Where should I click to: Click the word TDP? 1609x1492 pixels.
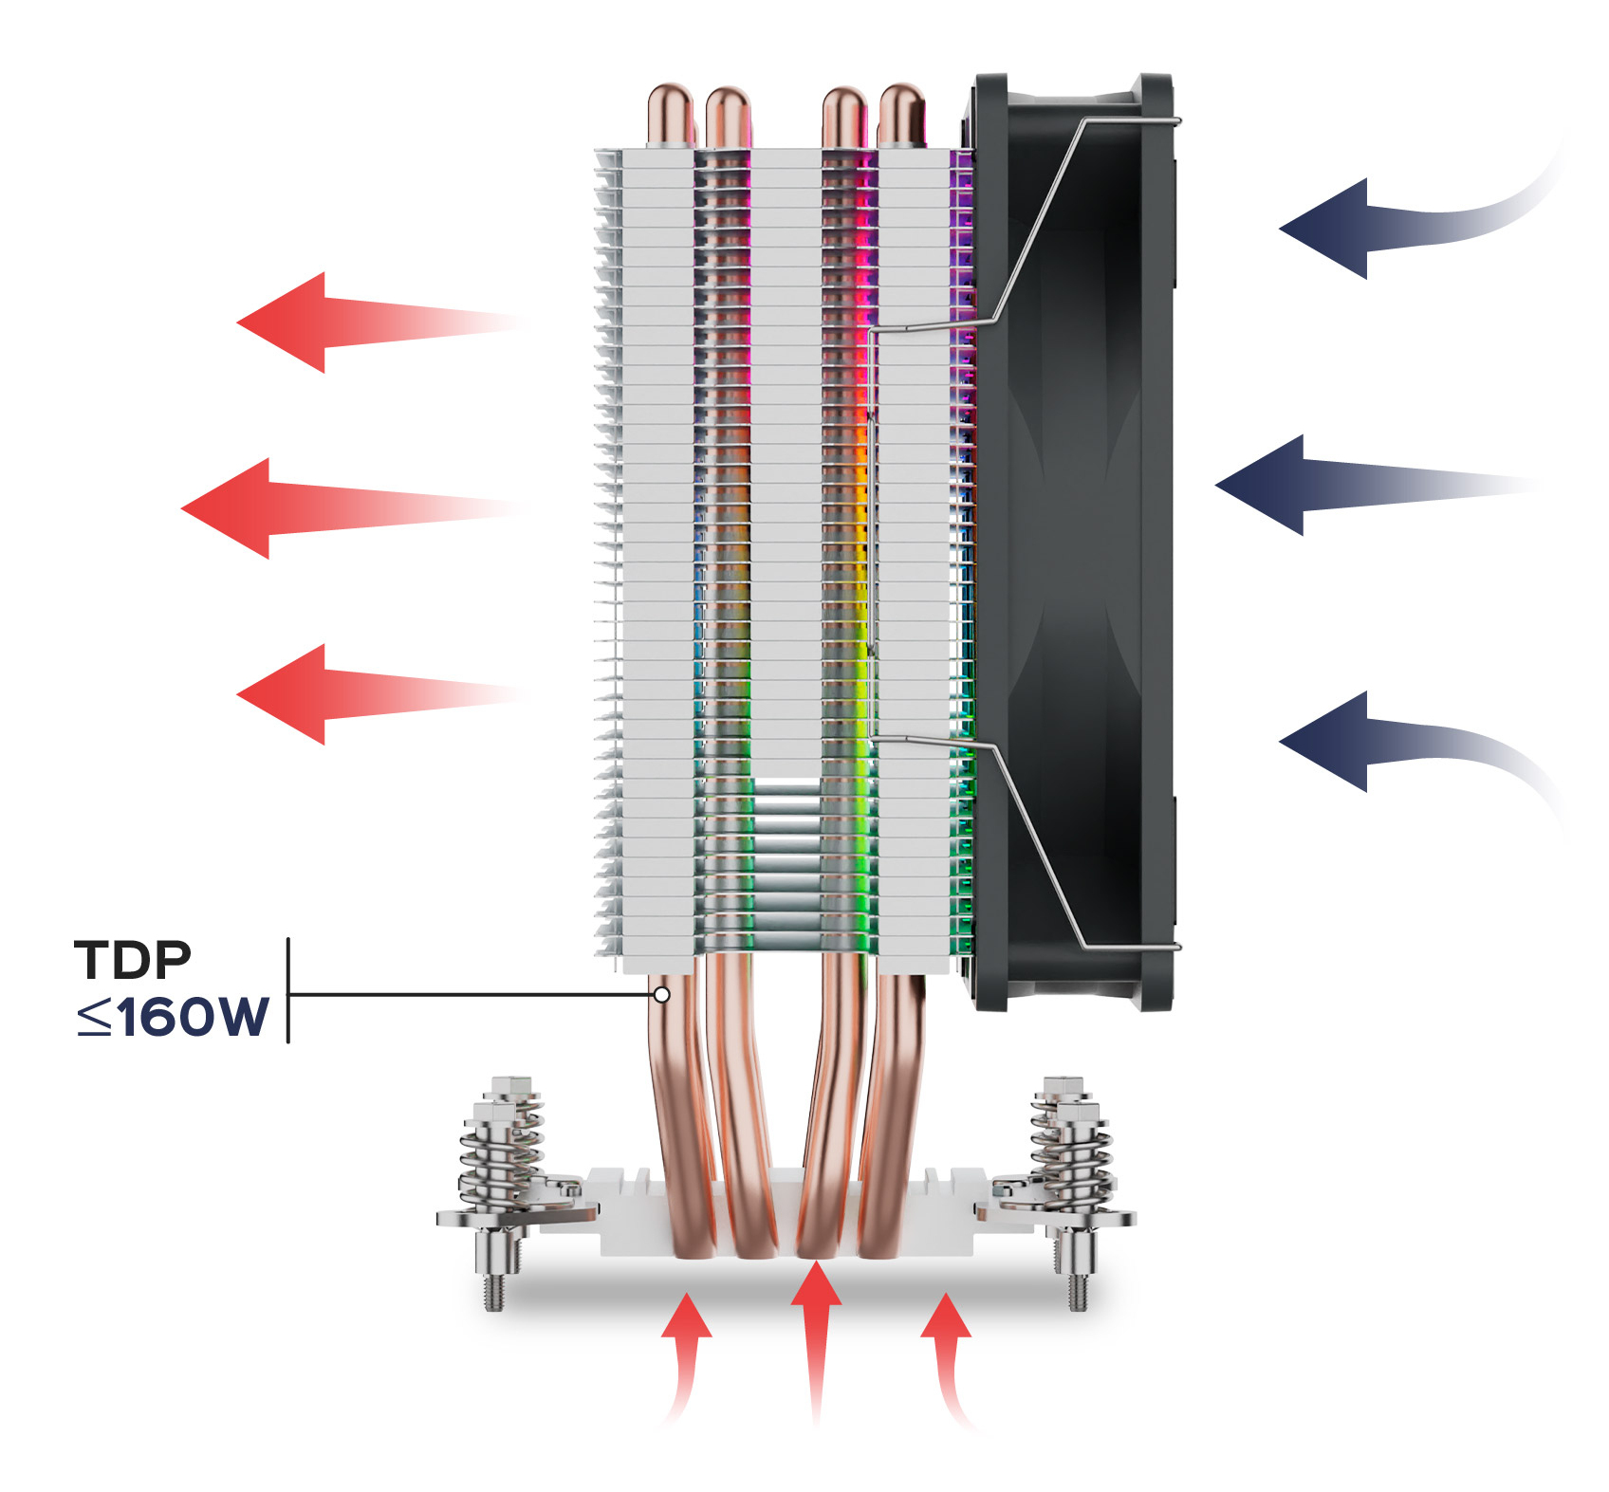click(133, 960)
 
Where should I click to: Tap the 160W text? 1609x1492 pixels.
click(194, 1017)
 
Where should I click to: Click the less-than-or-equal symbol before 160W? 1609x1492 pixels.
click(94, 1018)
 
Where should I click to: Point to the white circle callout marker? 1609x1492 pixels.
click(661, 994)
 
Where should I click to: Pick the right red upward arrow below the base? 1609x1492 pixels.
click(945, 1337)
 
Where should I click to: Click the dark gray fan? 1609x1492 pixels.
click(1072, 541)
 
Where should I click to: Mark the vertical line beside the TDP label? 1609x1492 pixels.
click(287, 990)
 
